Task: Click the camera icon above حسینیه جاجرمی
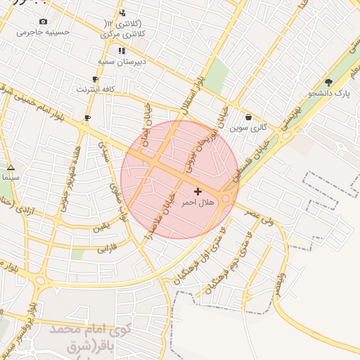click(44, 22)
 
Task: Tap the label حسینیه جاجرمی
click(44, 32)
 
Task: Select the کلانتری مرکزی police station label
click(124, 34)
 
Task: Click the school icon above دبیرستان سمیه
click(122, 51)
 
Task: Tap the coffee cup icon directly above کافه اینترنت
click(95, 79)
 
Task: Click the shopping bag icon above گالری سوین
click(249, 117)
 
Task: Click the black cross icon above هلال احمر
click(198, 191)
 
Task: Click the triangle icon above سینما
click(11, 168)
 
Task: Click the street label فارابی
click(105, 248)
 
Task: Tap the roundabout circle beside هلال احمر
click(226, 199)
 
